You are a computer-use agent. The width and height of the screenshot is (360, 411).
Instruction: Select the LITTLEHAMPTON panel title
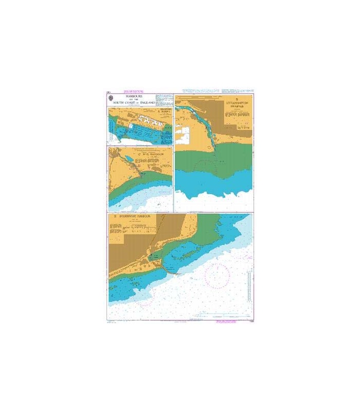coord(237,103)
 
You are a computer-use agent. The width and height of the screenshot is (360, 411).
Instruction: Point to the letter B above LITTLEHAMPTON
coord(237,99)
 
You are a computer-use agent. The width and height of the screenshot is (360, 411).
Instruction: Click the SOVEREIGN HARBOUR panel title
coord(138,217)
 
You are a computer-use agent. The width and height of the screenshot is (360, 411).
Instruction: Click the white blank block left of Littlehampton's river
coord(183,134)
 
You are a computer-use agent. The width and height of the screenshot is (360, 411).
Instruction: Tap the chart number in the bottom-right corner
coord(249,321)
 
